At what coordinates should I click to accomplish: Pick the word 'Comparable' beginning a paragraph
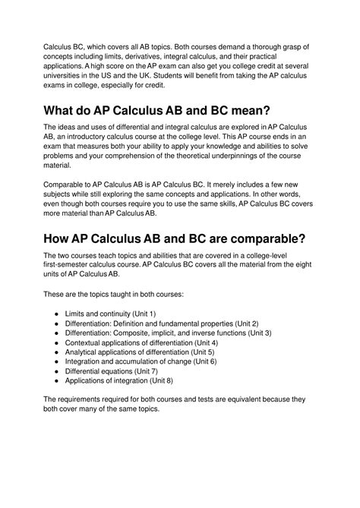coord(68,185)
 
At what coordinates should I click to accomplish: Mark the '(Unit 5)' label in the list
coord(200,352)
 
